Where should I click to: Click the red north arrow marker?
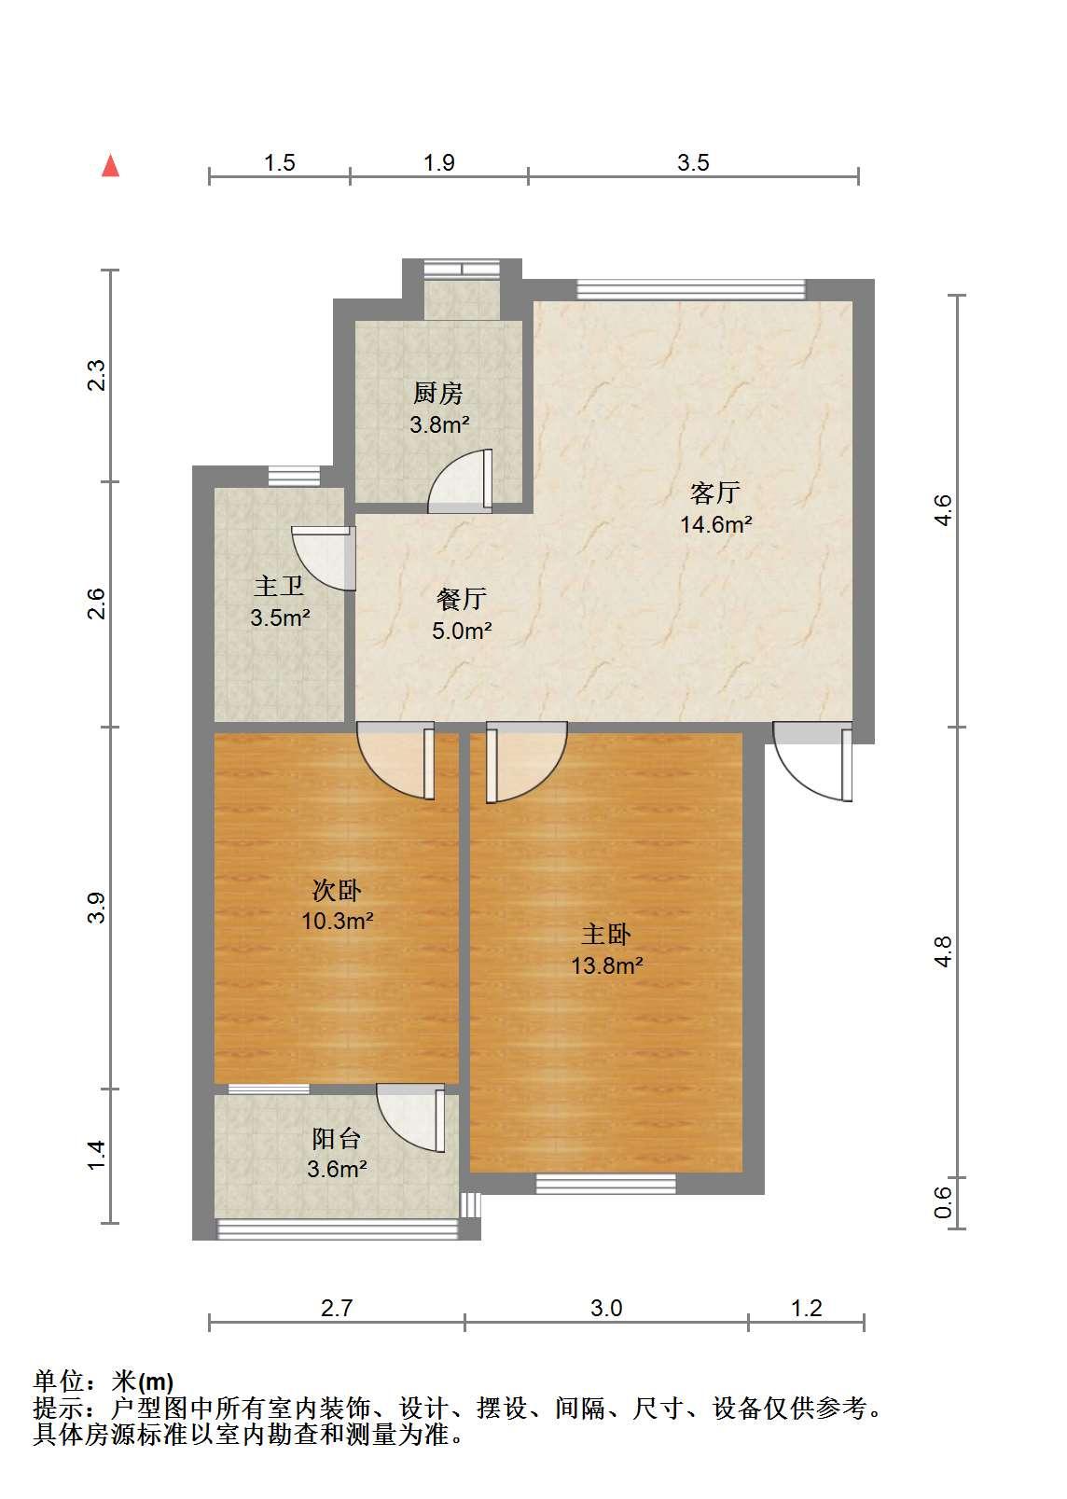[110, 167]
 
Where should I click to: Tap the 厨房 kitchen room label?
[438, 394]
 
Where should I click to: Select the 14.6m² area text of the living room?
[715, 524]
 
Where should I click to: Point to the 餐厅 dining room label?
[461, 599]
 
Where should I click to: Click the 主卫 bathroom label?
[279, 587]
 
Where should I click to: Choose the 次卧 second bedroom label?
[337, 890]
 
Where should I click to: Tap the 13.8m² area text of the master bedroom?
[607, 965]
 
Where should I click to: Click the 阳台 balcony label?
[337, 1138]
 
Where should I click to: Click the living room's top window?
[691, 290]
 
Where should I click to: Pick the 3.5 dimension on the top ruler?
[693, 162]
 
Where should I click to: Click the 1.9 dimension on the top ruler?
[439, 162]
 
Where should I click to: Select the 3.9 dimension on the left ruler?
[96, 909]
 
